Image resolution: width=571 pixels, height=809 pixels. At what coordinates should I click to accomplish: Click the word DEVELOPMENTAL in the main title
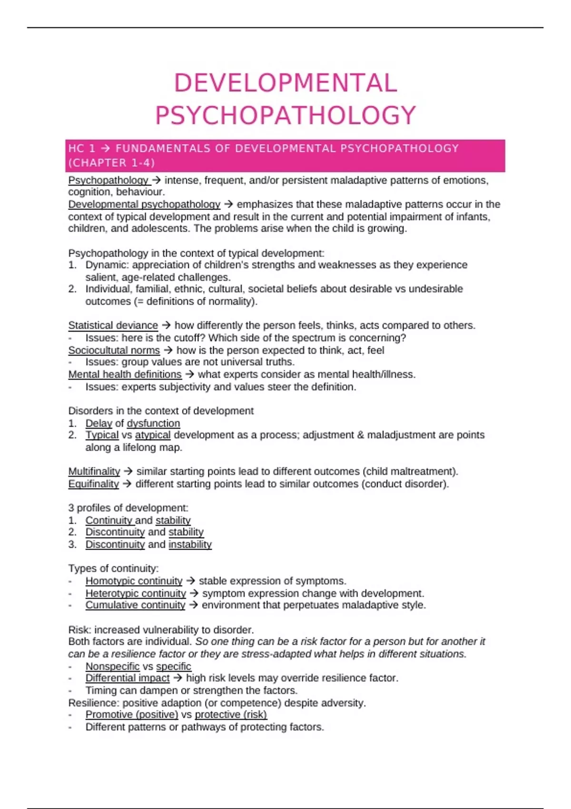point(285,83)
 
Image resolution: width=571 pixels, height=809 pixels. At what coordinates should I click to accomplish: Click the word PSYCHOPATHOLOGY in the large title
point(285,116)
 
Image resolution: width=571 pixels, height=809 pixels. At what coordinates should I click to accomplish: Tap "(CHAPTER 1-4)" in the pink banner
point(112,163)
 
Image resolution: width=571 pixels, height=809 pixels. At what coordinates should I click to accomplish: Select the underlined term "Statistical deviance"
point(113,326)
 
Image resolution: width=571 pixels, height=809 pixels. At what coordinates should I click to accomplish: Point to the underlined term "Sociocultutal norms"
point(114,351)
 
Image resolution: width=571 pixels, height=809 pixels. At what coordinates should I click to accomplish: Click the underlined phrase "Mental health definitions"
point(125,375)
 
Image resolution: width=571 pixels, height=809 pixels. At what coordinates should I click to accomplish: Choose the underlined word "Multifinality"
point(94,472)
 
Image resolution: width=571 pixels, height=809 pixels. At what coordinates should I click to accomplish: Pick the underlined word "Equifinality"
point(93,484)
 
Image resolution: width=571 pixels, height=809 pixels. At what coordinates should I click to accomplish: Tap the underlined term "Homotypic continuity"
point(134,581)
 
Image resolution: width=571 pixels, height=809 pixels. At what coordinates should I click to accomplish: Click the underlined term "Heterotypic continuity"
point(136,593)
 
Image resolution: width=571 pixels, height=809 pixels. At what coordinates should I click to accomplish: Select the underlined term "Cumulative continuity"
point(135,605)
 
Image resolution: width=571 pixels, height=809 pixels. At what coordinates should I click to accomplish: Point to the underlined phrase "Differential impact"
point(127,678)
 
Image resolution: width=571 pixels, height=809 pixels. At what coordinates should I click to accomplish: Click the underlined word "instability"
point(190,544)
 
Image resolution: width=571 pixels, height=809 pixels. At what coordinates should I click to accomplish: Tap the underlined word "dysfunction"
point(153,424)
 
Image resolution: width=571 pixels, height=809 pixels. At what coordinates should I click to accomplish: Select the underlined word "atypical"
point(152,435)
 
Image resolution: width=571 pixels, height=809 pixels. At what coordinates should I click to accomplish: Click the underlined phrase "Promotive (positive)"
point(132,715)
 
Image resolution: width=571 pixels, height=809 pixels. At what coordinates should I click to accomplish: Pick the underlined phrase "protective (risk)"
point(231,715)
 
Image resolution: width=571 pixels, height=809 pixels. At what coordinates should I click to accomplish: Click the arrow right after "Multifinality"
point(128,472)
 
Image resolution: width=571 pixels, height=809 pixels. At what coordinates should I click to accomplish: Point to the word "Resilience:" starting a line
point(94,703)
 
